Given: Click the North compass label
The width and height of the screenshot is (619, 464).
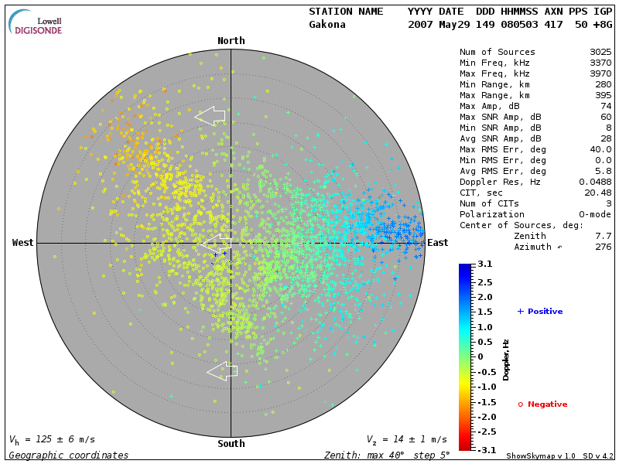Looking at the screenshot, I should (x=231, y=41).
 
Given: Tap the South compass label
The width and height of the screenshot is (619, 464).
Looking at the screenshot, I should (x=231, y=444).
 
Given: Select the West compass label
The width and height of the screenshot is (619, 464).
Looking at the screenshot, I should (x=22, y=243).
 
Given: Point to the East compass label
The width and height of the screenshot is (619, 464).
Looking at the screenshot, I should (x=438, y=243).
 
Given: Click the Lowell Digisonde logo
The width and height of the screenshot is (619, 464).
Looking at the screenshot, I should (x=36, y=22).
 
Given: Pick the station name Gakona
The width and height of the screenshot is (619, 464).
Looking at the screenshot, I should (x=327, y=25).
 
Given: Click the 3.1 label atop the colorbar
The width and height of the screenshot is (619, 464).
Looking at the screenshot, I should (x=485, y=264).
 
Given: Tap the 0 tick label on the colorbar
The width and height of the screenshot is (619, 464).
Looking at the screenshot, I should (x=480, y=357).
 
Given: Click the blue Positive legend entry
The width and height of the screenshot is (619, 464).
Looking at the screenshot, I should (x=540, y=312).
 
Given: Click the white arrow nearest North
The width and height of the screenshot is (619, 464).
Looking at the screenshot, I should (x=210, y=116).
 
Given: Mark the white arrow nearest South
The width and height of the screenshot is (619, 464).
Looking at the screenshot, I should (x=222, y=371).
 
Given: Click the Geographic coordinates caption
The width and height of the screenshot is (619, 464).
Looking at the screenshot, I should (x=68, y=455).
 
